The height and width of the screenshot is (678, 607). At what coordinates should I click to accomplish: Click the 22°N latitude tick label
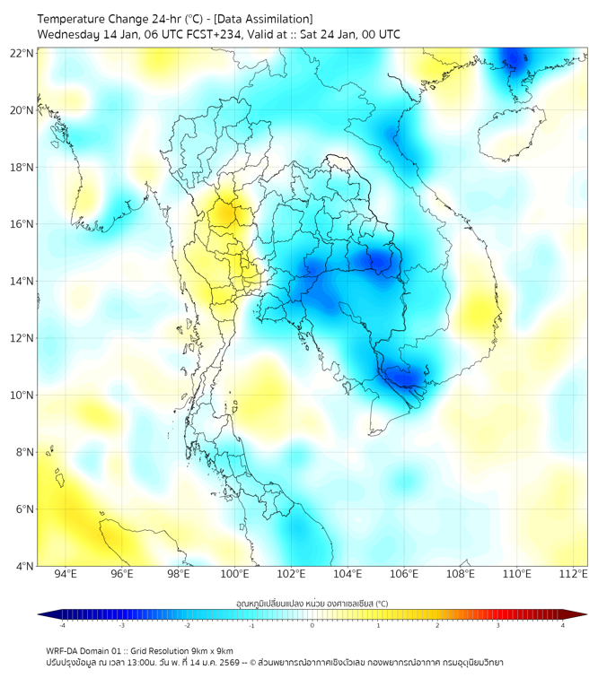(22, 53)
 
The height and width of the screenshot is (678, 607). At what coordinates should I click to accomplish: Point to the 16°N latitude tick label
(22, 224)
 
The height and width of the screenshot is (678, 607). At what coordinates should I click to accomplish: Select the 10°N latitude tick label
(22, 395)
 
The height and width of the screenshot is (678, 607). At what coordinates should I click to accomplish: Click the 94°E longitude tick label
(66, 574)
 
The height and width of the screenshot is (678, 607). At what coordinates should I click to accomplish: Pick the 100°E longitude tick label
(234, 574)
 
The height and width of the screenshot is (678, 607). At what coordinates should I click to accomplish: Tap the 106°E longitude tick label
(404, 574)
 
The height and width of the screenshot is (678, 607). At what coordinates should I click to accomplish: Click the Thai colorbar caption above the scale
(312, 603)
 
